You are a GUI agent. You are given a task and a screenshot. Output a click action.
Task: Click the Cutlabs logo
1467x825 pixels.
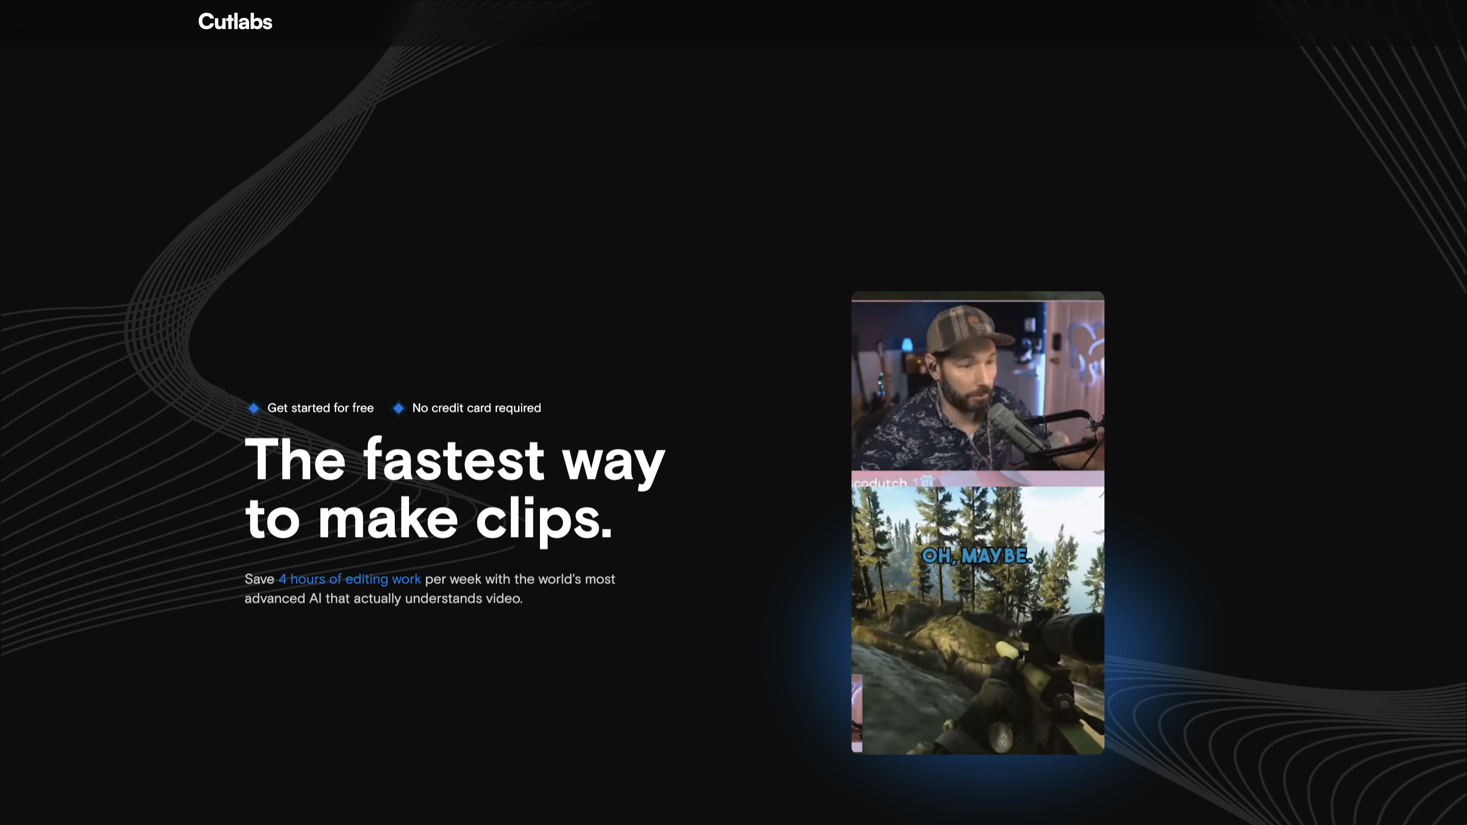(235, 21)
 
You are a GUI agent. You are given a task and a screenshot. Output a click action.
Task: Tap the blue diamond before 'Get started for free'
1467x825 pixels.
(254, 408)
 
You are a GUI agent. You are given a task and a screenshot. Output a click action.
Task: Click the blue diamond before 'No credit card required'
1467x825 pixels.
(399, 408)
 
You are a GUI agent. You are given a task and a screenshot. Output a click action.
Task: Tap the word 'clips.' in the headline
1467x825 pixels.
(544, 520)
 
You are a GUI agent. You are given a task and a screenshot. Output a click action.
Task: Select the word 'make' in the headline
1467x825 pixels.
(388, 517)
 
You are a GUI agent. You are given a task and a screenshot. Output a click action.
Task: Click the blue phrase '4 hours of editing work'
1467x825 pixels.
(349, 579)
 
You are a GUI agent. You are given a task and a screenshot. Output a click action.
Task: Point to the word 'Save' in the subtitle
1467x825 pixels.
(260, 579)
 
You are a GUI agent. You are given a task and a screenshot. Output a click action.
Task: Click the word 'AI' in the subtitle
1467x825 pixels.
(315, 598)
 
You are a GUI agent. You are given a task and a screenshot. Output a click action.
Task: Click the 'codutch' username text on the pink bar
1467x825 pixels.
(880, 483)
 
